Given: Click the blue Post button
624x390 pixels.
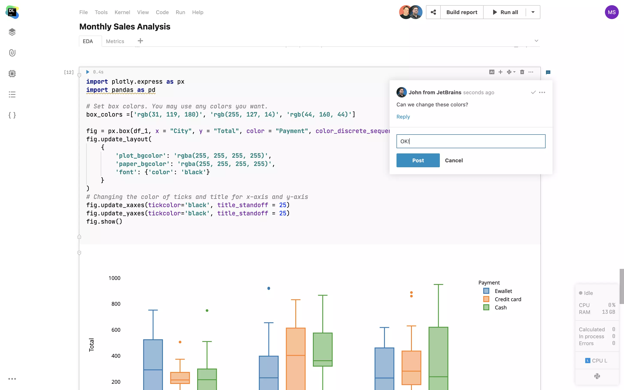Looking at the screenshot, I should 418,160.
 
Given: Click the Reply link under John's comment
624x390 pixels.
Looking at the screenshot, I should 403,117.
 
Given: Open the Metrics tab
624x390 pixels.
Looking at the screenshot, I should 115,41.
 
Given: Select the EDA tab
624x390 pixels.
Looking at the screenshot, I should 88,41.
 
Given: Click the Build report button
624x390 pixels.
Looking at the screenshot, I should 461,12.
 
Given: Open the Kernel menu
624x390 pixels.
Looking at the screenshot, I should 122,12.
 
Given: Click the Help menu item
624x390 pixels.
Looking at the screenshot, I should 198,12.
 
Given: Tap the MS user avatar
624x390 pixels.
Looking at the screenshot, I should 611,12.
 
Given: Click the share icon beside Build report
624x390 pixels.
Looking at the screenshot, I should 433,12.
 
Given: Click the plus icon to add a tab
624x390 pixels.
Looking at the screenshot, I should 140,41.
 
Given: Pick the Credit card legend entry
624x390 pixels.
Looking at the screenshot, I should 508,299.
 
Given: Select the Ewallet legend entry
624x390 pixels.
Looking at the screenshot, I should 503,291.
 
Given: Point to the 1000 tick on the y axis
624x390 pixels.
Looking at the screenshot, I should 114,278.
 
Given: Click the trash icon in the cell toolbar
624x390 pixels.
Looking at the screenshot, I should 522,72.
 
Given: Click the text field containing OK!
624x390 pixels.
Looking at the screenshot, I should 471,141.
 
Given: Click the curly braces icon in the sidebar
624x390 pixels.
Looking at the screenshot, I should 12,115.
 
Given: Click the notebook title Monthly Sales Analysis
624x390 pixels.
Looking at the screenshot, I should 125,27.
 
